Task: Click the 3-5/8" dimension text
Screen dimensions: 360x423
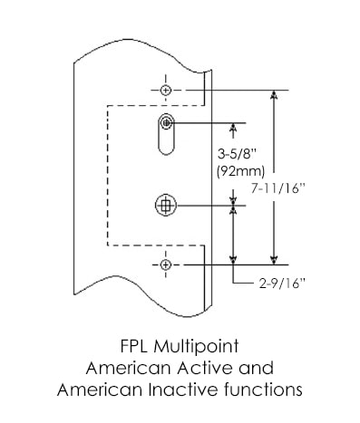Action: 237,155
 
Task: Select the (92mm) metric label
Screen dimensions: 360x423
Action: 240,171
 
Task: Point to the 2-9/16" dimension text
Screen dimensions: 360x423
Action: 281,284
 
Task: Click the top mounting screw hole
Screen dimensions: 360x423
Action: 166,90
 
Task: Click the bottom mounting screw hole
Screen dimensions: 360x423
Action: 165,264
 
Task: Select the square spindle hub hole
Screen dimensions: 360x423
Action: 166,206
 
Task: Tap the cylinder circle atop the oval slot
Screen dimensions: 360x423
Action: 166,123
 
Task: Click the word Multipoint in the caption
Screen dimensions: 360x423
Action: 196,347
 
